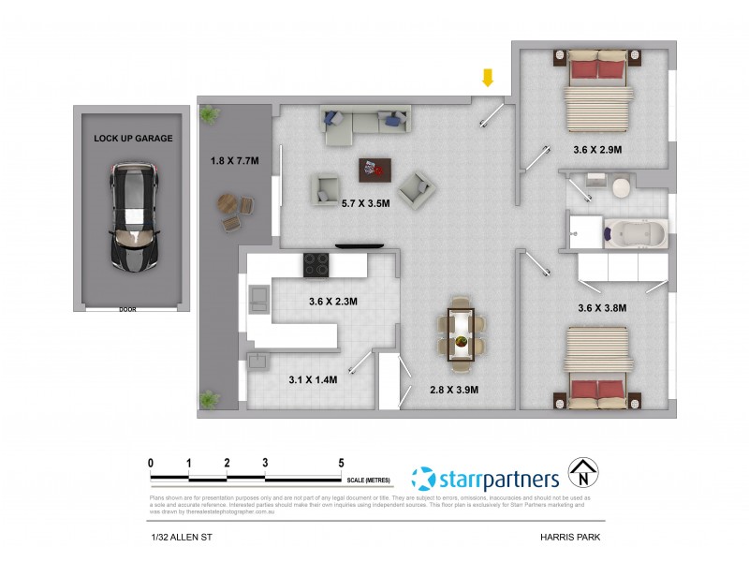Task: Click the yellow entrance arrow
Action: click(x=487, y=78)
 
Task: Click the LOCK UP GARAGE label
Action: click(x=133, y=139)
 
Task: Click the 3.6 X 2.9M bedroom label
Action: click(x=597, y=149)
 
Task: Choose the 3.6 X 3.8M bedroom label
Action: click(x=601, y=307)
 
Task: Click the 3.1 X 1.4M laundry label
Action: click(x=313, y=379)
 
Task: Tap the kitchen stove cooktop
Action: click(x=316, y=264)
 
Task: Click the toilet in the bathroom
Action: click(x=620, y=189)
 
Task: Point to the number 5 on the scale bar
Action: click(x=342, y=463)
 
